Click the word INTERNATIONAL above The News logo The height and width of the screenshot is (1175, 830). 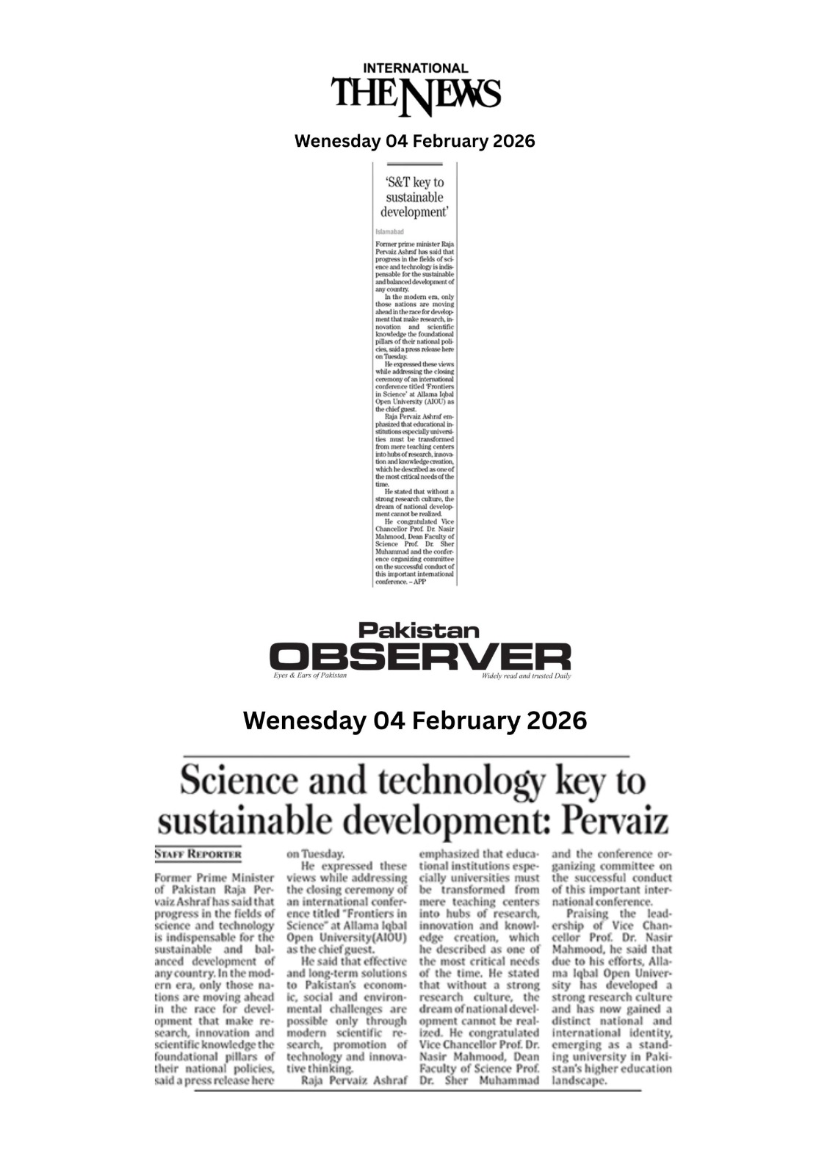tap(415, 68)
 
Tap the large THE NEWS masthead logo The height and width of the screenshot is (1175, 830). tap(415, 95)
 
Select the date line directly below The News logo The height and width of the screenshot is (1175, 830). tap(414, 141)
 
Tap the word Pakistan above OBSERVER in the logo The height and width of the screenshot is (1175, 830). tap(419, 630)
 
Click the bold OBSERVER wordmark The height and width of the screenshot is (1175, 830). tap(419, 656)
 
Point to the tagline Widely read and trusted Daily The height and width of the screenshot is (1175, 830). tap(526, 676)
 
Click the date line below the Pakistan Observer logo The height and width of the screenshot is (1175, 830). tap(414, 720)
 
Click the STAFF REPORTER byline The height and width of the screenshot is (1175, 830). tap(198, 855)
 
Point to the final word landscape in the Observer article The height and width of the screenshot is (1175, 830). tap(580, 1081)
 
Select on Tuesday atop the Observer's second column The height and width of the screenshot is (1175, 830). tap(315, 854)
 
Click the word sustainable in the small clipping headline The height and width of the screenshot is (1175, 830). tap(414, 198)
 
